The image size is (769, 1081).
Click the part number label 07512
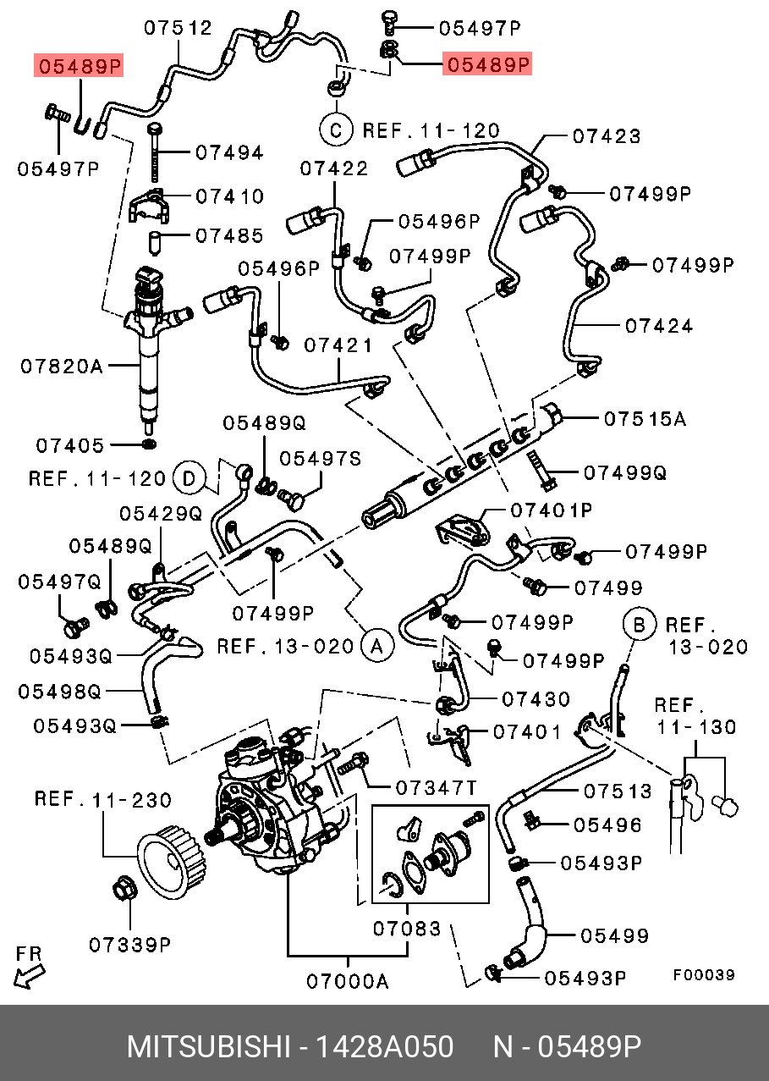click(177, 28)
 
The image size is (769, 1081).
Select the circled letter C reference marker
click(335, 130)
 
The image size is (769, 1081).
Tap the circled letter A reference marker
click(376, 646)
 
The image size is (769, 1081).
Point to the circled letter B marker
click(640, 626)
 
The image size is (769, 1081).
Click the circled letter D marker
click(190, 479)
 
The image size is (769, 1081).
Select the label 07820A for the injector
click(62, 367)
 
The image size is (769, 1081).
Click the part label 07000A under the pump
click(347, 981)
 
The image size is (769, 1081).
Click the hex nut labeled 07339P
click(122, 891)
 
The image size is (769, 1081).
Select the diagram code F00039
click(703, 975)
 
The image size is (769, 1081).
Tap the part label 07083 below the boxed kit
click(407, 929)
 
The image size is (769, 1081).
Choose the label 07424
click(659, 325)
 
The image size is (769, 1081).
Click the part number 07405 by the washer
click(69, 445)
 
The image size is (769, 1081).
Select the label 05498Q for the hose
click(59, 692)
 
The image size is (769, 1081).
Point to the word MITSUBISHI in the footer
click(207, 1047)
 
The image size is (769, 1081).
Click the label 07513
click(618, 791)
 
